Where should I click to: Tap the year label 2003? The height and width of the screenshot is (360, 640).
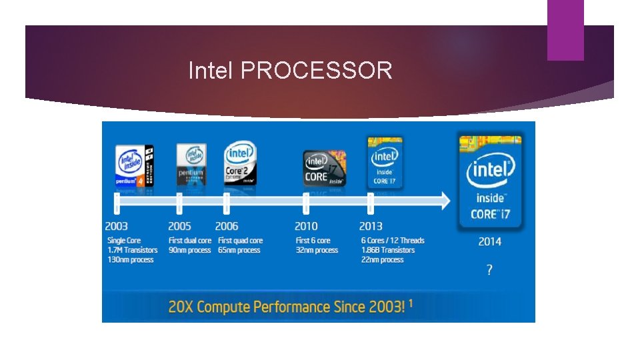coord(116,227)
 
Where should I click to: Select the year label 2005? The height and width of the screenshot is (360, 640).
coord(179,227)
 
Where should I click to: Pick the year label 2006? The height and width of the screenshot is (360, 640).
coord(227,227)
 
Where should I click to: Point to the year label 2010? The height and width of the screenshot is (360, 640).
coord(306,227)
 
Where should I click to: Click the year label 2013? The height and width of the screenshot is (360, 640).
coord(371,227)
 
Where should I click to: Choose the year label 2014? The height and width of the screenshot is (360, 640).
coord(490,241)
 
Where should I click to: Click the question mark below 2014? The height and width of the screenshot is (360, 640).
coord(490,270)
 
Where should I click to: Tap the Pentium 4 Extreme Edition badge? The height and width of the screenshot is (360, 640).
coord(135,165)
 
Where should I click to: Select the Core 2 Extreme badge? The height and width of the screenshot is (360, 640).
coord(239,163)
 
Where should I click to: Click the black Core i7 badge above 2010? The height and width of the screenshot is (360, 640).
coord(325,168)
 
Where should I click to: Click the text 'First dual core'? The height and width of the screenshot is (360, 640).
coord(190,241)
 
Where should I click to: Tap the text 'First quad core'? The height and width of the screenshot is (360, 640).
coord(241,241)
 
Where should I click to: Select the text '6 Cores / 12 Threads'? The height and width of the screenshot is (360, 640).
coord(393,241)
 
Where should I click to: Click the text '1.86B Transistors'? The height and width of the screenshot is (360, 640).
coord(388,250)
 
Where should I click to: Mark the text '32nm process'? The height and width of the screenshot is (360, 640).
coord(317,250)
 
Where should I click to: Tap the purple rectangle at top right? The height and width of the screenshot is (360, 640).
coord(565,30)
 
